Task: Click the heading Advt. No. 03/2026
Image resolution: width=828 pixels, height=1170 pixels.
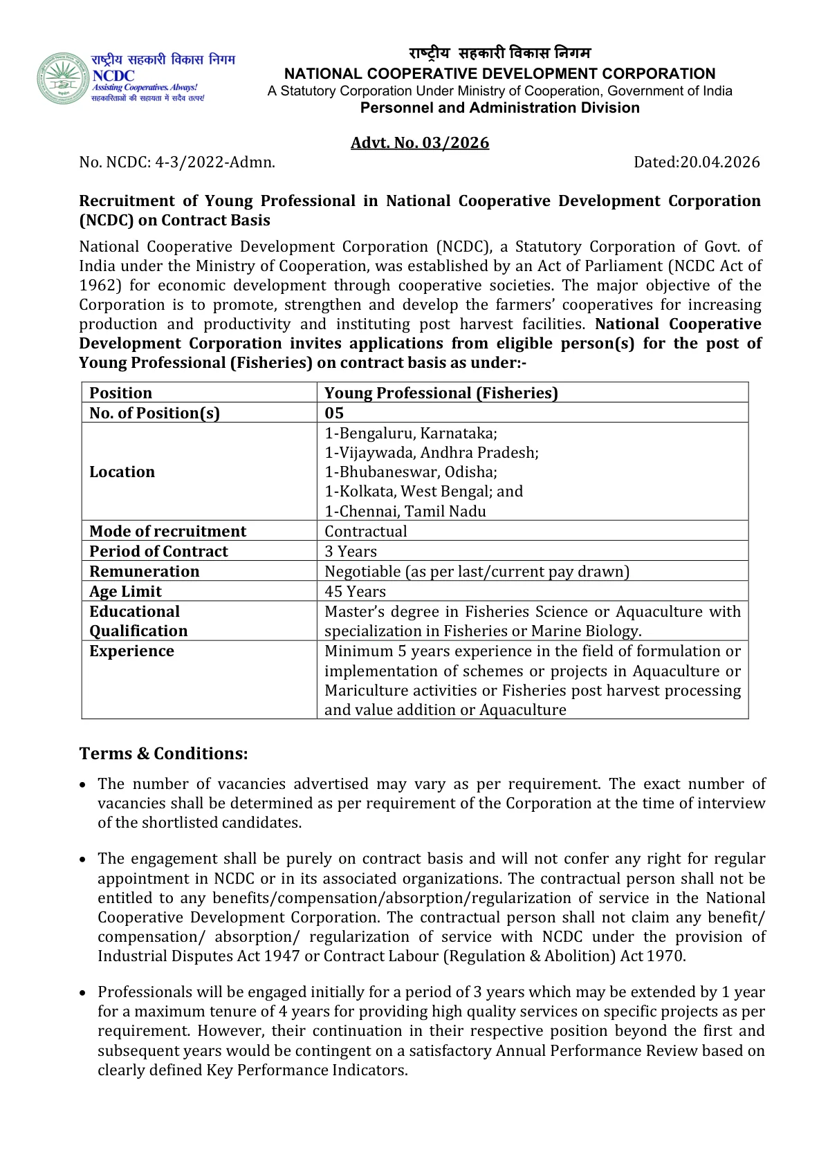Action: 420,142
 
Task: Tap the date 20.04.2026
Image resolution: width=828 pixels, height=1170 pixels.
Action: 719,162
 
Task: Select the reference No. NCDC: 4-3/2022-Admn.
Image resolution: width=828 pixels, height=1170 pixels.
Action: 177,162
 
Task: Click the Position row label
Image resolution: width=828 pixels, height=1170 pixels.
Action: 120,393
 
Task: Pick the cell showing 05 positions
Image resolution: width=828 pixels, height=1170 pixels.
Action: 334,413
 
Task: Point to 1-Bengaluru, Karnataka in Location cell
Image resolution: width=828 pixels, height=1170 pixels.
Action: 411,433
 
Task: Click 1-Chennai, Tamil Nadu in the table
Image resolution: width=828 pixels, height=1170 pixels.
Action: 405,511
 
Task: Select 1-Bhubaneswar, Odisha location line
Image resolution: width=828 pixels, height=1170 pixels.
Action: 411,472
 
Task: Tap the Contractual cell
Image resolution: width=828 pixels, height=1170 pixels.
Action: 366,531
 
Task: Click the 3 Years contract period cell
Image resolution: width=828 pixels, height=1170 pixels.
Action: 351,551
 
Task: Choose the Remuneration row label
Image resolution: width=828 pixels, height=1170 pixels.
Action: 144,571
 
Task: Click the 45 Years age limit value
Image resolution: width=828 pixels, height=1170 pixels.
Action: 355,591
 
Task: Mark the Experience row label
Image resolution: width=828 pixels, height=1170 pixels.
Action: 131,651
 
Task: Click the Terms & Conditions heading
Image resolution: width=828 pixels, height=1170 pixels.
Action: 163,753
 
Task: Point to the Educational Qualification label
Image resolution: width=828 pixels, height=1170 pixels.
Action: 138,621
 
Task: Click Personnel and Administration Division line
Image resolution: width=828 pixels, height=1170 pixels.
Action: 499,108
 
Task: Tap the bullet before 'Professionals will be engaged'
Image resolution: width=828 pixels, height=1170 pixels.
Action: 83,993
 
